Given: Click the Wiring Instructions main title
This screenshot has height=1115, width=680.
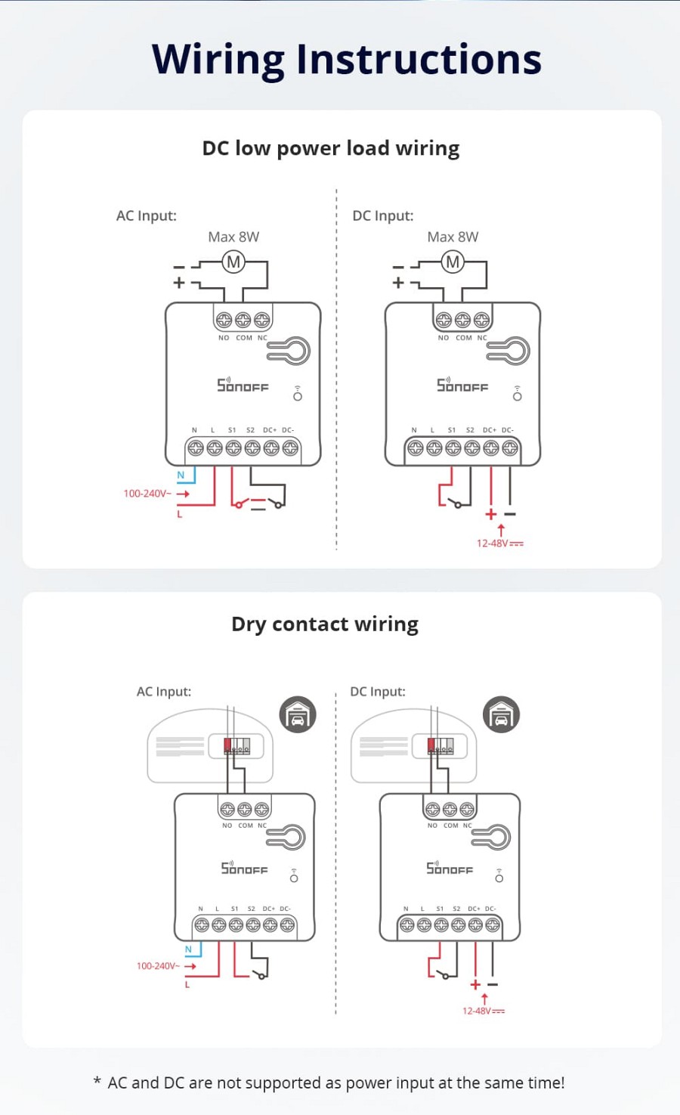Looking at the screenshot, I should point(346,59).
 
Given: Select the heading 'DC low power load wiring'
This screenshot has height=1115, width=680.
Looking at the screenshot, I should point(330,148).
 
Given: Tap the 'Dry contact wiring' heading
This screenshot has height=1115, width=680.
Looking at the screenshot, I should point(325,624).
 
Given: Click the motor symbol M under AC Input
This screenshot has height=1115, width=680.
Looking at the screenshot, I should point(233,262).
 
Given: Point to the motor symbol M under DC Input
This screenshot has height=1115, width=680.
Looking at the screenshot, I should point(453,262).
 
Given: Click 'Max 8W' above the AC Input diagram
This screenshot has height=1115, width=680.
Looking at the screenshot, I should point(233,237).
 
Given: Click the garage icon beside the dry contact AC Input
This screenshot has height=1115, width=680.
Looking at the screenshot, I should point(298,714).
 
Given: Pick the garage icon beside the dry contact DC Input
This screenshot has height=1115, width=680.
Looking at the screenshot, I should point(501,714).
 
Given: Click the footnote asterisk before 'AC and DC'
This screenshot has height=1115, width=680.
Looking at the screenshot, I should point(97,1082).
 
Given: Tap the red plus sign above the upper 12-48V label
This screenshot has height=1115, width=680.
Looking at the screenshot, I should point(491,514).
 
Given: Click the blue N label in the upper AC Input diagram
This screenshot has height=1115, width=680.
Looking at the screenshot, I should point(181,475).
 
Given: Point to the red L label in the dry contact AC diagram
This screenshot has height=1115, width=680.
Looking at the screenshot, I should point(187,985).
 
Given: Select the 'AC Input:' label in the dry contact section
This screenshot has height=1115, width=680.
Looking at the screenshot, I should point(164,691).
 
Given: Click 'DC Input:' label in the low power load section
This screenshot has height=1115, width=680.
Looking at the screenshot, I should point(383,215).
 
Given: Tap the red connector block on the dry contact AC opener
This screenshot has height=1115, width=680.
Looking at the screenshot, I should point(228,745).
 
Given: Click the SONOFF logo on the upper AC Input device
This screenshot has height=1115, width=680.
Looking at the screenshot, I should point(243,386).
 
